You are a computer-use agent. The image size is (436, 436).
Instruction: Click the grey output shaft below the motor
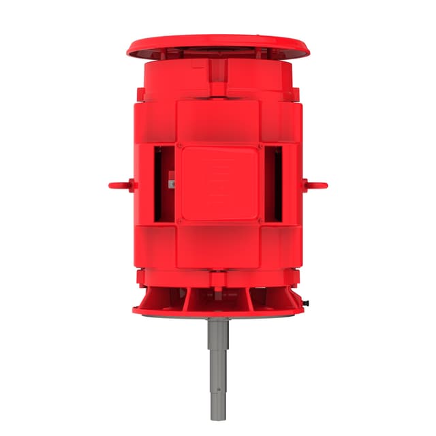[219, 354]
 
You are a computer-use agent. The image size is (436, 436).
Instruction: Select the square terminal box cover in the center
[219, 183]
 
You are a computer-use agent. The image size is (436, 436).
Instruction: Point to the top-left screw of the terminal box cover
[178, 145]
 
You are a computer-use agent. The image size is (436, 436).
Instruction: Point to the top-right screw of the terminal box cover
[259, 145]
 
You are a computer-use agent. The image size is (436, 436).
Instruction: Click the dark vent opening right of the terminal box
[273, 184]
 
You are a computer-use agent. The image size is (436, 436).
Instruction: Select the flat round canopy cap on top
[218, 46]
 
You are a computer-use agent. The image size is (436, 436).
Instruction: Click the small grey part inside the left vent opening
[170, 183]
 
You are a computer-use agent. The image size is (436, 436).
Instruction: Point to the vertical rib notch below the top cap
[218, 75]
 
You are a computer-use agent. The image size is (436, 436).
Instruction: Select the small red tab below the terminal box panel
[218, 276]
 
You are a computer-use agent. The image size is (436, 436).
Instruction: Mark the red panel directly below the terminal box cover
[218, 245]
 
